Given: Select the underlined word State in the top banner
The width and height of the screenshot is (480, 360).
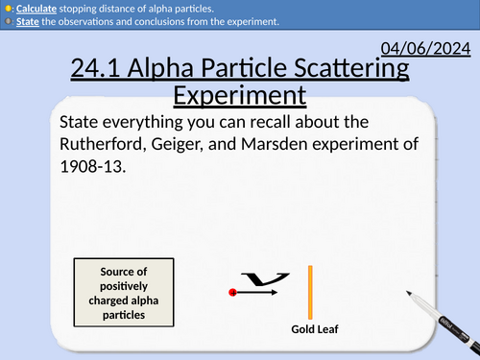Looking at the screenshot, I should click(25, 21).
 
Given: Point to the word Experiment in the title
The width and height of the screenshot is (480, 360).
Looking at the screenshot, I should click(240, 95).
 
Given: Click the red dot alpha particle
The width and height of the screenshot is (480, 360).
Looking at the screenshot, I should click(233, 291).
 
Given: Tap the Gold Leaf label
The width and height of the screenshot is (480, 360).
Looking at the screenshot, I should click(317, 330).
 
